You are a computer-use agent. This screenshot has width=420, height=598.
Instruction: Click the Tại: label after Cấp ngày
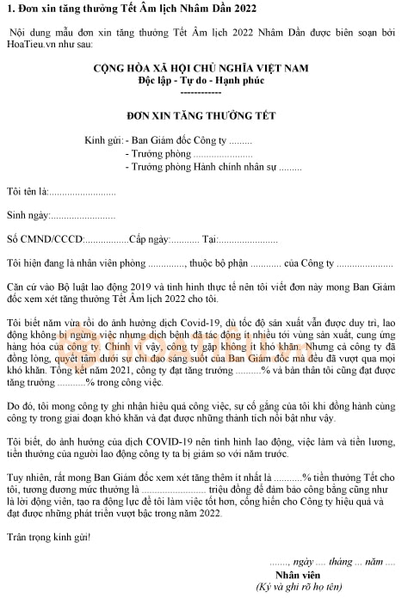point(210,238)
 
